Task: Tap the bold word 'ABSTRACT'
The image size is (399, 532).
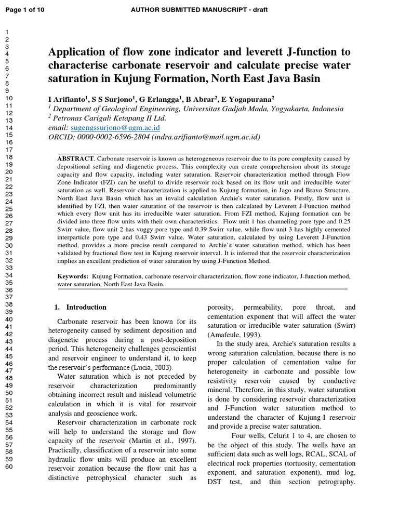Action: tap(75, 158)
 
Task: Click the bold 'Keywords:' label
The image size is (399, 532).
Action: tap(73, 277)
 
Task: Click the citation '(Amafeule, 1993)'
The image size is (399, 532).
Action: tap(234, 335)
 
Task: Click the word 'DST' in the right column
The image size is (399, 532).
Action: tap(215, 482)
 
